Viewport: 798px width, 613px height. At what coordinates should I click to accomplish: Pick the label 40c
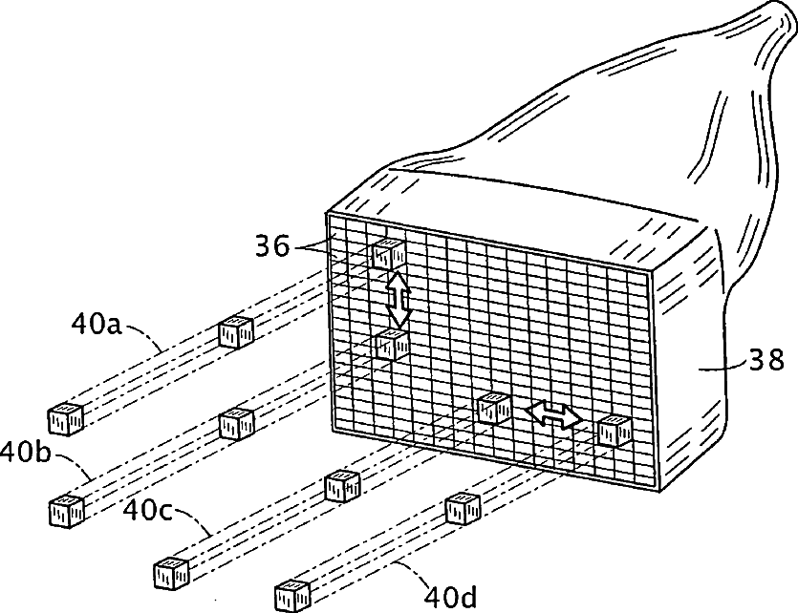(x=147, y=510)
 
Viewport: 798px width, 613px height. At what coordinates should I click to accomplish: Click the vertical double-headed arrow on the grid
(x=398, y=298)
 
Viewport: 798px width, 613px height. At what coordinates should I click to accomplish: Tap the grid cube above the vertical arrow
(x=390, y=254)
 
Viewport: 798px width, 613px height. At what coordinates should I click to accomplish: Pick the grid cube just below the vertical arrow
(x=392, y=344)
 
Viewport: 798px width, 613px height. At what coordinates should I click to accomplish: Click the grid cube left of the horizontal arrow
(x=494, y=408)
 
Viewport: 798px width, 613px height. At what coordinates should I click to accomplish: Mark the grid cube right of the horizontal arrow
(x=614, y=432)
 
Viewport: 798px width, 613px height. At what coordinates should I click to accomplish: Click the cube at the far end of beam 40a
(x=65, y=417)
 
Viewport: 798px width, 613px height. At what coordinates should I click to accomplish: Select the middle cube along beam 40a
(x=235, y=331)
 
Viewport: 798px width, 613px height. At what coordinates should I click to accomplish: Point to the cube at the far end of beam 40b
(x=66, y=509)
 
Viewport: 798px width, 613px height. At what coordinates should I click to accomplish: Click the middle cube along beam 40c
(x=341, y=485)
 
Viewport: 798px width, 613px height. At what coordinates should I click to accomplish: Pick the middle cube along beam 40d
(x=462, y=508)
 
